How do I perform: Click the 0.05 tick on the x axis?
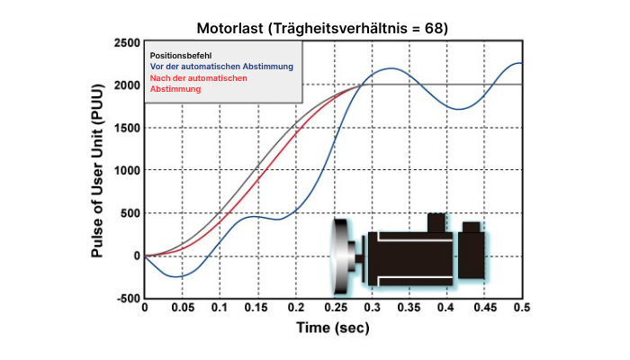tap(182, 308)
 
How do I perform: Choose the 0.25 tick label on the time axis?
tap(333, 308)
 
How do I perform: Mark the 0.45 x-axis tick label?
tap(484, 308)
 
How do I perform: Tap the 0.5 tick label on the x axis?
tap(521, 308)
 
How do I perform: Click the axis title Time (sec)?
tap(333, 328)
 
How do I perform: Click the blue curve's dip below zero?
tap(179, 276)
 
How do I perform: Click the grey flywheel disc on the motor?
tap(340, 256)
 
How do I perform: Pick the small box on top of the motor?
tap(436, 221)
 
